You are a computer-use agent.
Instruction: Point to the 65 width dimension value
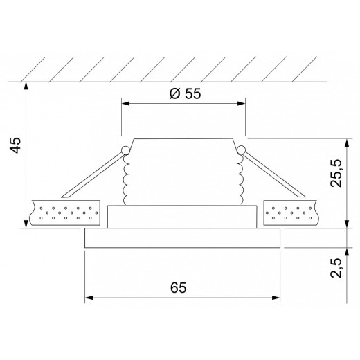pos(181,287)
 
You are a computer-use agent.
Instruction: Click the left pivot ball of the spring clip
pos(125,150)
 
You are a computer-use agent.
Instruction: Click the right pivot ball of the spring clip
pos(240,150)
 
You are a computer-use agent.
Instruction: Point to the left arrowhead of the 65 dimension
pos(89,299)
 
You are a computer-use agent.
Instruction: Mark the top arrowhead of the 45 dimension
pos(26,85)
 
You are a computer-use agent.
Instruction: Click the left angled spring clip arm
pos(93,173)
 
